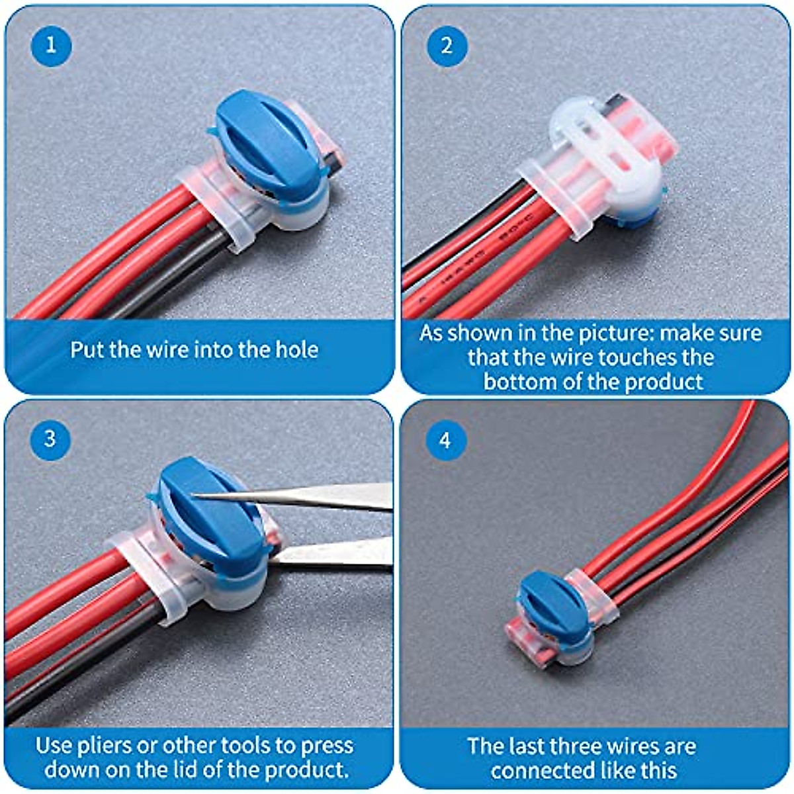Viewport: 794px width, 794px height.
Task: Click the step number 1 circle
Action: tap(51, 46)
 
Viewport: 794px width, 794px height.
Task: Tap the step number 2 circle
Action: tap(447, 46)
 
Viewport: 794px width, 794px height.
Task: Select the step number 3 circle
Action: tap(50, 439)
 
